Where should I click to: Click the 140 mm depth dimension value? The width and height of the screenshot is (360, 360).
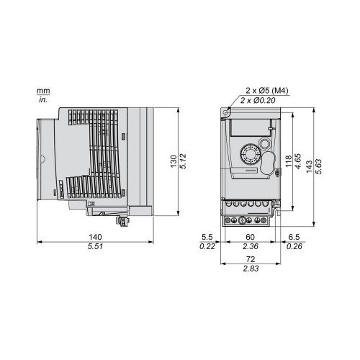click(x=95, y=237)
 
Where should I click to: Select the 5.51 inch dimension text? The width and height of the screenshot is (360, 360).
click(x=95, y=246)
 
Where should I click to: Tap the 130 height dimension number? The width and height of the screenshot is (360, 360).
click(x=174, y=161)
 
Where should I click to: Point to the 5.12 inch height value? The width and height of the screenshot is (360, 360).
click(x=183, y=161)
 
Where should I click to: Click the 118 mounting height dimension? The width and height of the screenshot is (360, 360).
click(x=289, y=161)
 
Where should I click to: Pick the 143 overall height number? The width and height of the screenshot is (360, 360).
click(x=310, y=166)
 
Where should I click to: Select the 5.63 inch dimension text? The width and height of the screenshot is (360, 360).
click(x=319, y=166)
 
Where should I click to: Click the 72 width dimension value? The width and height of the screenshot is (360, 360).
click(x=251, y=259)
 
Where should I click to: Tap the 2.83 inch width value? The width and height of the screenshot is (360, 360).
click(x=251, y=269)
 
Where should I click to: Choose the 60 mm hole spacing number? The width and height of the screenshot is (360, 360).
click(x=250, y=237)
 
